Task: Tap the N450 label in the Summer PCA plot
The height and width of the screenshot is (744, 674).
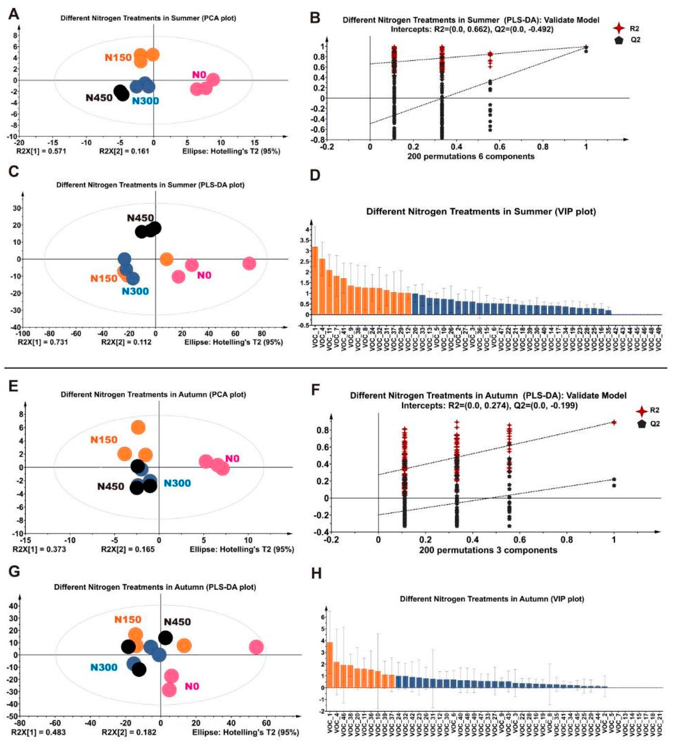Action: tap(99, 98)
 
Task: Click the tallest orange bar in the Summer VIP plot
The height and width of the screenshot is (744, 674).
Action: tap(315, 280)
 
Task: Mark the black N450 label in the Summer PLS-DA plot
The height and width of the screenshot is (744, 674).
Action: tap(140, 218)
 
